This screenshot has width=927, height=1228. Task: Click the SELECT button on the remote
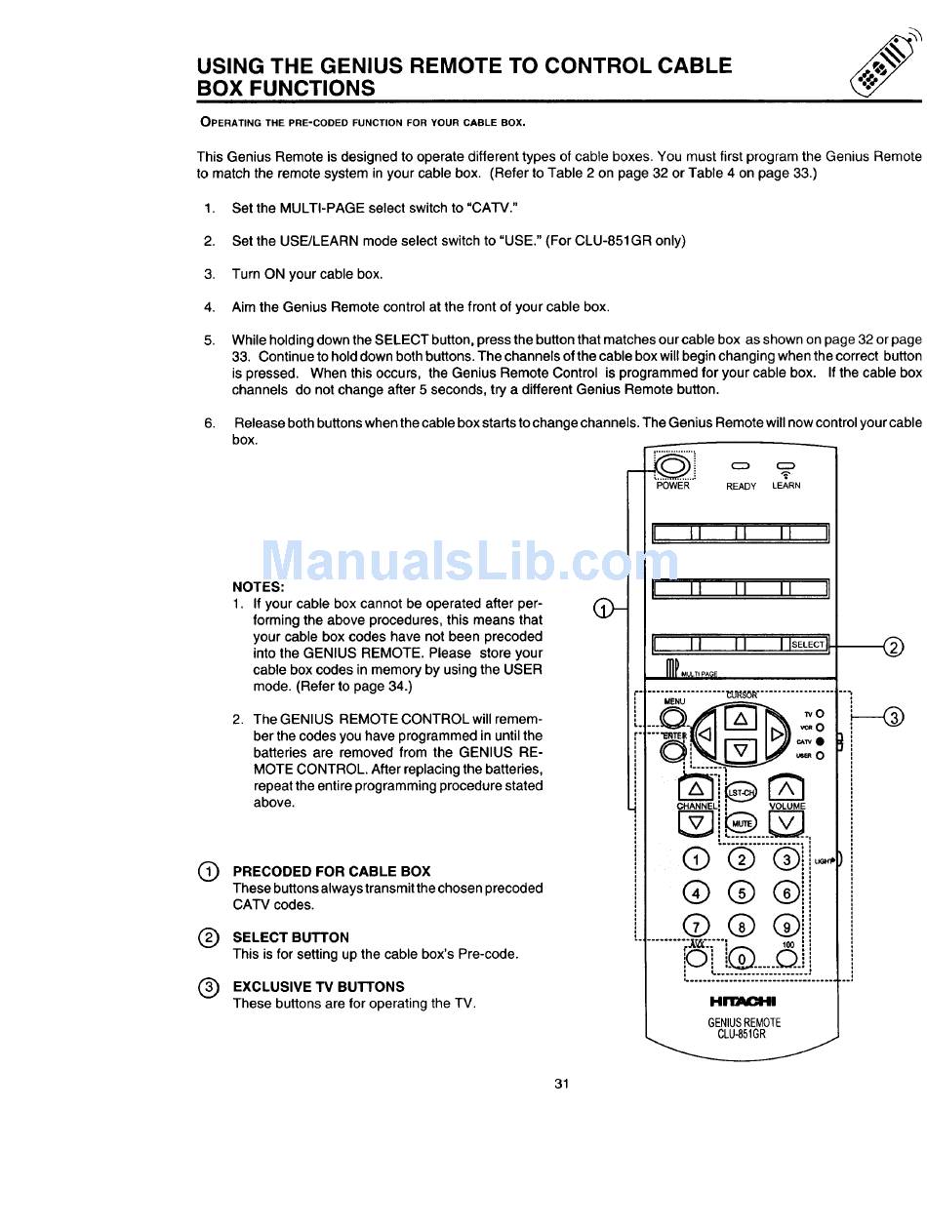pyautogui.click(x=808, y=644)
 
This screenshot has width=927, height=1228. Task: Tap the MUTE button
pyautogui.click(x=743, y=823)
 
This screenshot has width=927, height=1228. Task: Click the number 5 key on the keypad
pyautogui.click(x=742, y=891)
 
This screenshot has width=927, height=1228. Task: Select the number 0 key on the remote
pyautogui.click(x=742, y=959)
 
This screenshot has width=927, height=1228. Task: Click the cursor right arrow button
pyautogui.click(x=777, y=734)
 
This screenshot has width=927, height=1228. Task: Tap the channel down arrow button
pyautogui.click(x=696, y=823)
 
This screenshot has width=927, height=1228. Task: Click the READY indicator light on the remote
pyautogui.click(x=741, y=466)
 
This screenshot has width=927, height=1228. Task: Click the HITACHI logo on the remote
pyautogui.click(x=744, y=1001)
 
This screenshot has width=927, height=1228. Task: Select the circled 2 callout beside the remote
pyautogui.click(x=893, y=647)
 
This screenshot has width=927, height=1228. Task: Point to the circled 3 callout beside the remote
pyautogui.click(x=893, y=718)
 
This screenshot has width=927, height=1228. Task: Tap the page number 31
pyautogui.click(x=561, y=1083)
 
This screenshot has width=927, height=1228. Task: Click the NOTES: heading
pyautogui.click(x=259, y=587)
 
